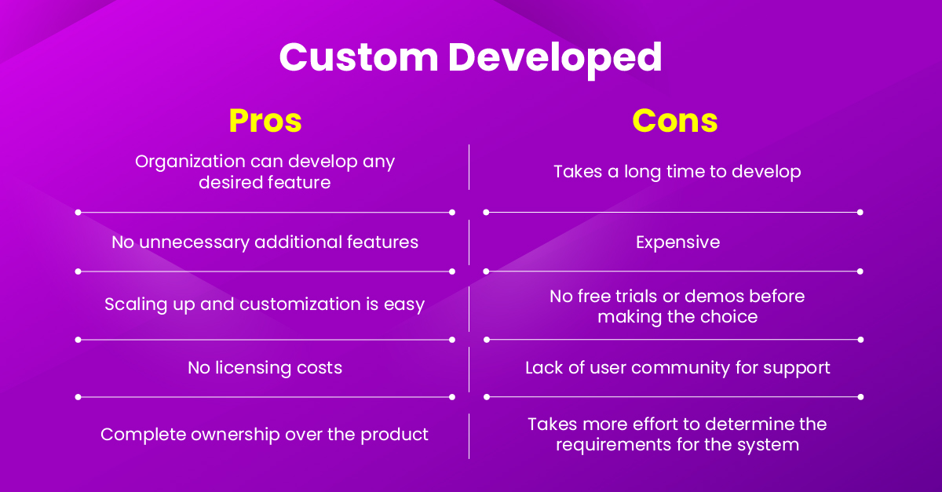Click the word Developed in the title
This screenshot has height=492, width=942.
556,58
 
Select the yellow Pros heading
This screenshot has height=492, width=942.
265,121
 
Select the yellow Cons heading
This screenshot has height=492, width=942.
675,121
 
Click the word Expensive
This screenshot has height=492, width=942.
677,242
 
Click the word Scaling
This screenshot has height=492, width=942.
133,304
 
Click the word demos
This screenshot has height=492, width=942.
710,297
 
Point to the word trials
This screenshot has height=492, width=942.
631,297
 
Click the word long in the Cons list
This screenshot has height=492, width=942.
642,172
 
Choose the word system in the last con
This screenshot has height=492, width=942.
772,445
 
